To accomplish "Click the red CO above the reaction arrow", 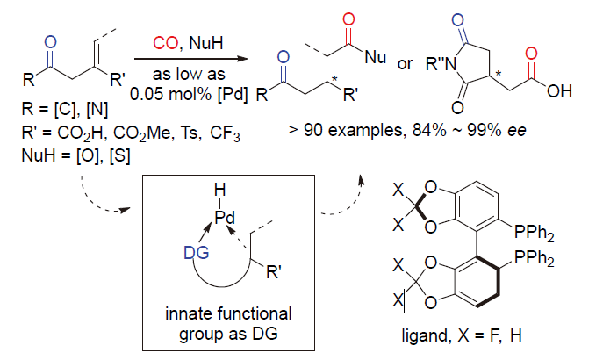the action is click(165, 43).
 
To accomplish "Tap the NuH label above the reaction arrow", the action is click(206, 43).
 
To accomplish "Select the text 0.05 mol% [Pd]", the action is click(189, 94).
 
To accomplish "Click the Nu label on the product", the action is click(376, 57).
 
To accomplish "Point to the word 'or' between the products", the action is click(405, 64).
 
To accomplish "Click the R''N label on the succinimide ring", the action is click(441, 64).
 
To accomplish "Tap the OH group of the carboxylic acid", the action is click(559, 91).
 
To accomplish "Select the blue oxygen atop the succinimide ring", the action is click(457, 20).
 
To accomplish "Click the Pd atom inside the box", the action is click(225, 218).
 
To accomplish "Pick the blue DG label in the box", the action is click(197, 253).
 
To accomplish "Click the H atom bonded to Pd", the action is click(220, 190).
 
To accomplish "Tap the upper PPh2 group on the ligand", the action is click(535, 232).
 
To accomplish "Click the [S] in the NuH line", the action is click(120, 155).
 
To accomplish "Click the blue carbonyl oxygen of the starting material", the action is click(50, 42).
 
